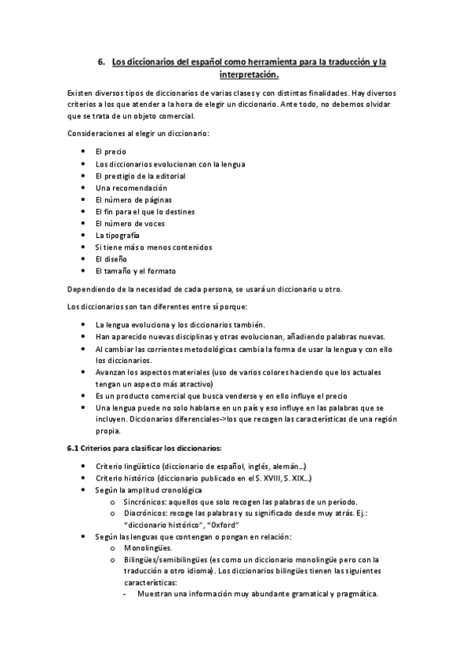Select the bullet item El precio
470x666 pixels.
[111, 152]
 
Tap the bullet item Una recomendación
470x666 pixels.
[131, 188]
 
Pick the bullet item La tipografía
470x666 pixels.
[118, 235]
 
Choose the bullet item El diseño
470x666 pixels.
[111, 258]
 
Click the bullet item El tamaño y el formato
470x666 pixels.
[135, 271]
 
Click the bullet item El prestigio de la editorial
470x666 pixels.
[139, 176]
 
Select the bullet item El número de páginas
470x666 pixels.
[133, 199]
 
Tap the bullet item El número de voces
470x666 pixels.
[129, 223]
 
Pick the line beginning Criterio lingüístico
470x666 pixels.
[200, 466]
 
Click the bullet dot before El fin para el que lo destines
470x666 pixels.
[83, 211]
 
